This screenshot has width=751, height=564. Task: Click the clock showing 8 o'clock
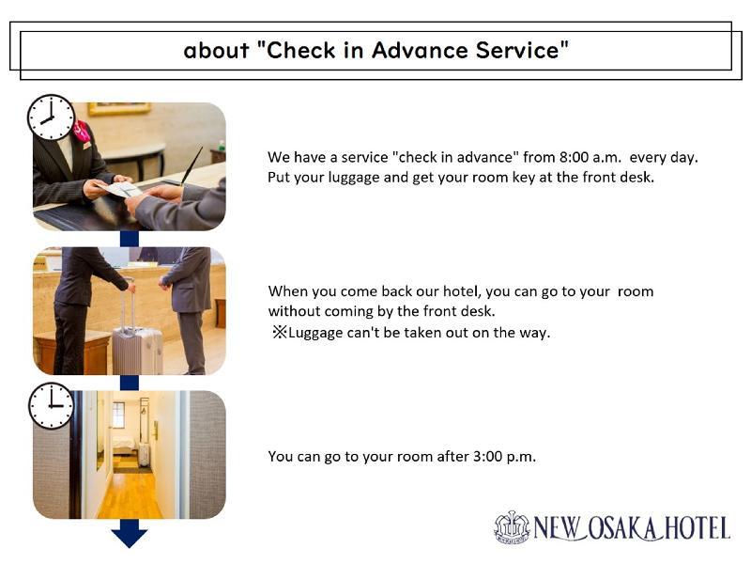51,117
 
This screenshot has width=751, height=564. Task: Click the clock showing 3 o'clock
52,406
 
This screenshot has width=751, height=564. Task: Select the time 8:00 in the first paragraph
574,157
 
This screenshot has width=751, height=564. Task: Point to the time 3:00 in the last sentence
487,456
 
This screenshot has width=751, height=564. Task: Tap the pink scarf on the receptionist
82,131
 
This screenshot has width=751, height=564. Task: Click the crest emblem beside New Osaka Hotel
512,527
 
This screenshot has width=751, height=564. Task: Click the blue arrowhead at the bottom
130,536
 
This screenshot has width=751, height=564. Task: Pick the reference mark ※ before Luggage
279,332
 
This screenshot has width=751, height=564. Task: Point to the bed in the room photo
124,446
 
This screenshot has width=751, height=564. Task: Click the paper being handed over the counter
119,189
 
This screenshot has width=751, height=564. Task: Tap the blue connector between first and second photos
130,239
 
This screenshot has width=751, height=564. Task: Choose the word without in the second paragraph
294,311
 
